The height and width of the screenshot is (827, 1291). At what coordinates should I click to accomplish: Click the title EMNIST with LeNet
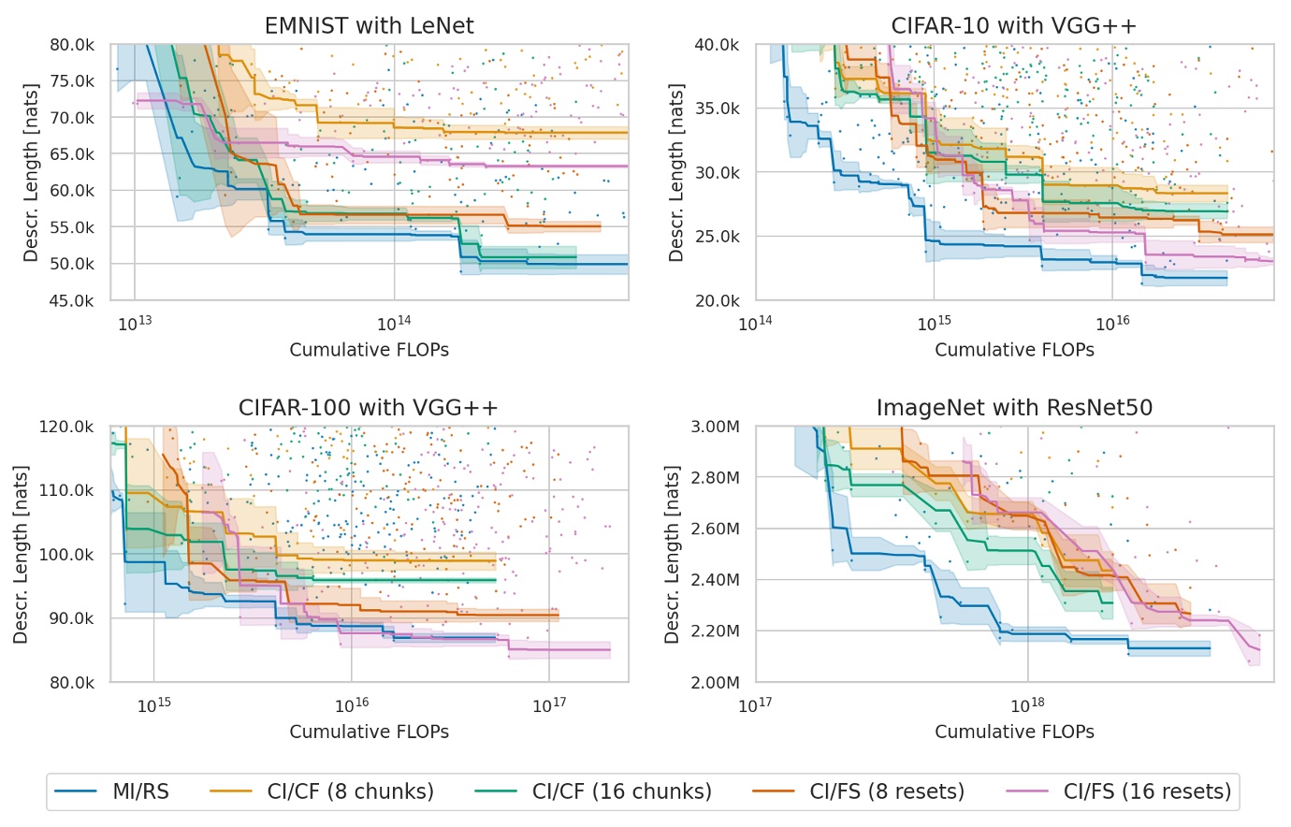369,25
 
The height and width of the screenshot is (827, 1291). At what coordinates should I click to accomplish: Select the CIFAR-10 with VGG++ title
1014,25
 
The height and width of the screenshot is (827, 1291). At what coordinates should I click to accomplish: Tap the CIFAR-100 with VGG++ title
369,408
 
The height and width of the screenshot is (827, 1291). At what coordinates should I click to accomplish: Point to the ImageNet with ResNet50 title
1014,408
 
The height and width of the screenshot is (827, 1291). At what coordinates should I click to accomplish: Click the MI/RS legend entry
140,791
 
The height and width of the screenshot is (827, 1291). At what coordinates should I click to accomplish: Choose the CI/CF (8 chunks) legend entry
350,791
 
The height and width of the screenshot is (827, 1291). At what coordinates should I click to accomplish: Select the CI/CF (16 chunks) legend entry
621,791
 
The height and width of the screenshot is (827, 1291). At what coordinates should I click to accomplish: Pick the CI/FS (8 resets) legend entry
887,791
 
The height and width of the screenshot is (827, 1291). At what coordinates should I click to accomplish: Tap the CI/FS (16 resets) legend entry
1147,791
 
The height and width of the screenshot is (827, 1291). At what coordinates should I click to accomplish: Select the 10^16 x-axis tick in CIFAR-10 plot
1112,324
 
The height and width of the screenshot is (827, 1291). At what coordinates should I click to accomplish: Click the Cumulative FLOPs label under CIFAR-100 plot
369,732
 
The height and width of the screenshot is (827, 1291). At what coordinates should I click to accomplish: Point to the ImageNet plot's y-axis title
672,554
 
